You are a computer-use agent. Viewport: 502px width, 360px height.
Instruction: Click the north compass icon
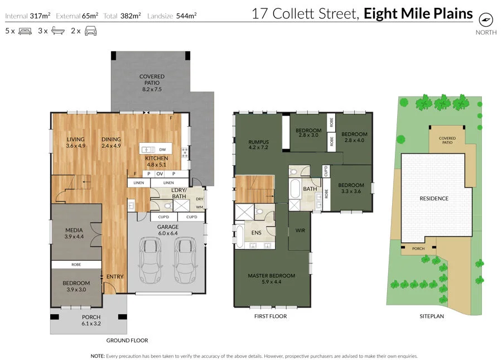(486, 20)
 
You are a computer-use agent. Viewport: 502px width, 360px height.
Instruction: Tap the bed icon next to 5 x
(25, 31)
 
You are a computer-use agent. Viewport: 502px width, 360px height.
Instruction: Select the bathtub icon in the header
(58, 31)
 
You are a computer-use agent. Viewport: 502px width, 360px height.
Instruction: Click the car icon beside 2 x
(90, 31)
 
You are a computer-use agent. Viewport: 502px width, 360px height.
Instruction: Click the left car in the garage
(150, 260)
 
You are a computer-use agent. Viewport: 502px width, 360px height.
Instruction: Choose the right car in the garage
(185, 260)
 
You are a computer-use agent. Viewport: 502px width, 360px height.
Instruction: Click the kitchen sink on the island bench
(148, 150)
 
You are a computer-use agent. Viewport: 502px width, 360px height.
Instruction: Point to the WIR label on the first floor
(300, 231)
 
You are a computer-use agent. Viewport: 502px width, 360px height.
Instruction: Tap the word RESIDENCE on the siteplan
(434, 199)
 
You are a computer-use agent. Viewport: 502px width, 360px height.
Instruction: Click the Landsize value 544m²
(186, 16)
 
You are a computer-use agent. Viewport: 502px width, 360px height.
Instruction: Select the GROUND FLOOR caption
(127, 340)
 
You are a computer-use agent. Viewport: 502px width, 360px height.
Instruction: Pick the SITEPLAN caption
(432, 316)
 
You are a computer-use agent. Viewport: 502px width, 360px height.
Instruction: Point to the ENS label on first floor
(257, 233)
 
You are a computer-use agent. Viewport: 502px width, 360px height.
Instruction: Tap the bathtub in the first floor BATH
(295, 189)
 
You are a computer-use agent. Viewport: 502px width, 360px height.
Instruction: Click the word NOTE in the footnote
(98, 356)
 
